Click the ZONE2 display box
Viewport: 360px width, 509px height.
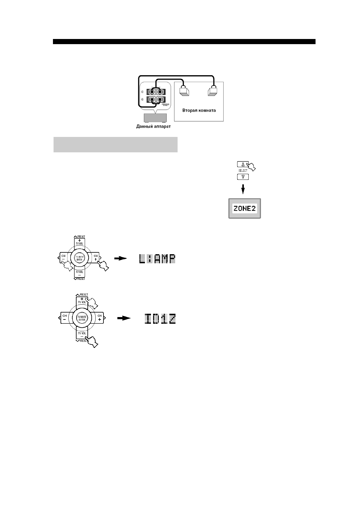coord(244,209)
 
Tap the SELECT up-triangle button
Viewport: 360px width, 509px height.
coord(243,164)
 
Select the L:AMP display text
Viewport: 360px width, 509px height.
coord(157,259)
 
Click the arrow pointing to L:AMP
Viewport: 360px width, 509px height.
coord(120,258)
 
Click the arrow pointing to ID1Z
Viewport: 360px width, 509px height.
coord(124,318)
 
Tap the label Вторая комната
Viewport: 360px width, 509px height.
coord(199,110)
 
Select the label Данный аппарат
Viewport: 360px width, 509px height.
coord(153,126)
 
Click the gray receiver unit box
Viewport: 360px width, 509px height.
coord(155,118)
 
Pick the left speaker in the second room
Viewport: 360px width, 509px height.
coord(184,91)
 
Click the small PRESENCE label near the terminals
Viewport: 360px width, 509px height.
coord(167,105)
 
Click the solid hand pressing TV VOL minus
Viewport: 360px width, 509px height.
coord(92,341)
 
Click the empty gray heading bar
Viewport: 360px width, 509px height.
coord(115,145)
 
